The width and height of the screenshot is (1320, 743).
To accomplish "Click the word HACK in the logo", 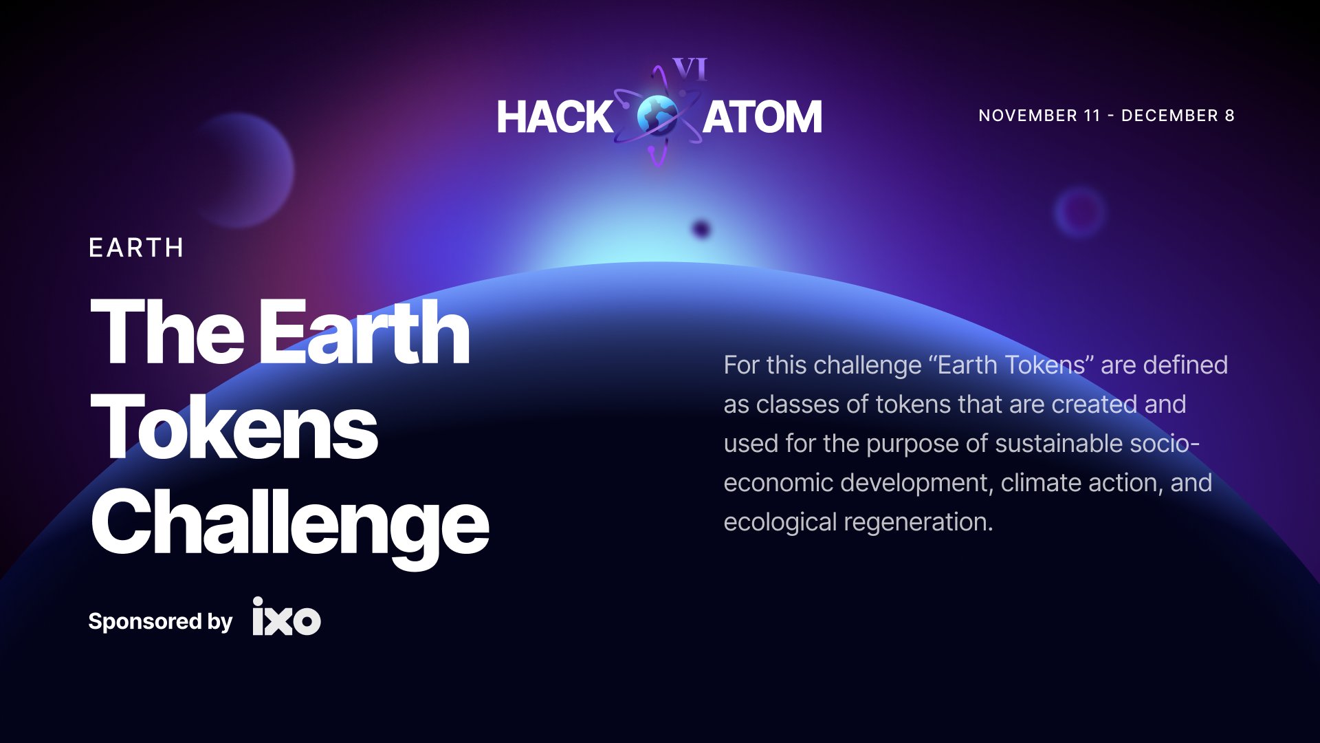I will point(554,117).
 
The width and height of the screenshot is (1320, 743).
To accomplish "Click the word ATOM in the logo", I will point(762,117).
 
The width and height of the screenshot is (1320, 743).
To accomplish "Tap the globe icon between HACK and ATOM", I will point(657,116).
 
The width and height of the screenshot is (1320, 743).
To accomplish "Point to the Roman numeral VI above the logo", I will point(690,69).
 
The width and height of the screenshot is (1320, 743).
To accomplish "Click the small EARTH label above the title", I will point(136,248).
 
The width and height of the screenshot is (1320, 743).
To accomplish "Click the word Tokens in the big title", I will point(234,428).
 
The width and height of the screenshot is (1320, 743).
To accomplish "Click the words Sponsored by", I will point(160,621).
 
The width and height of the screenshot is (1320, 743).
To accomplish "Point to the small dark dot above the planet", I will point(701,229).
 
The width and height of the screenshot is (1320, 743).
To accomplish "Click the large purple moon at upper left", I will point(241,171).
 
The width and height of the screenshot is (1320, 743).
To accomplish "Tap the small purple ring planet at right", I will point(1080,211).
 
